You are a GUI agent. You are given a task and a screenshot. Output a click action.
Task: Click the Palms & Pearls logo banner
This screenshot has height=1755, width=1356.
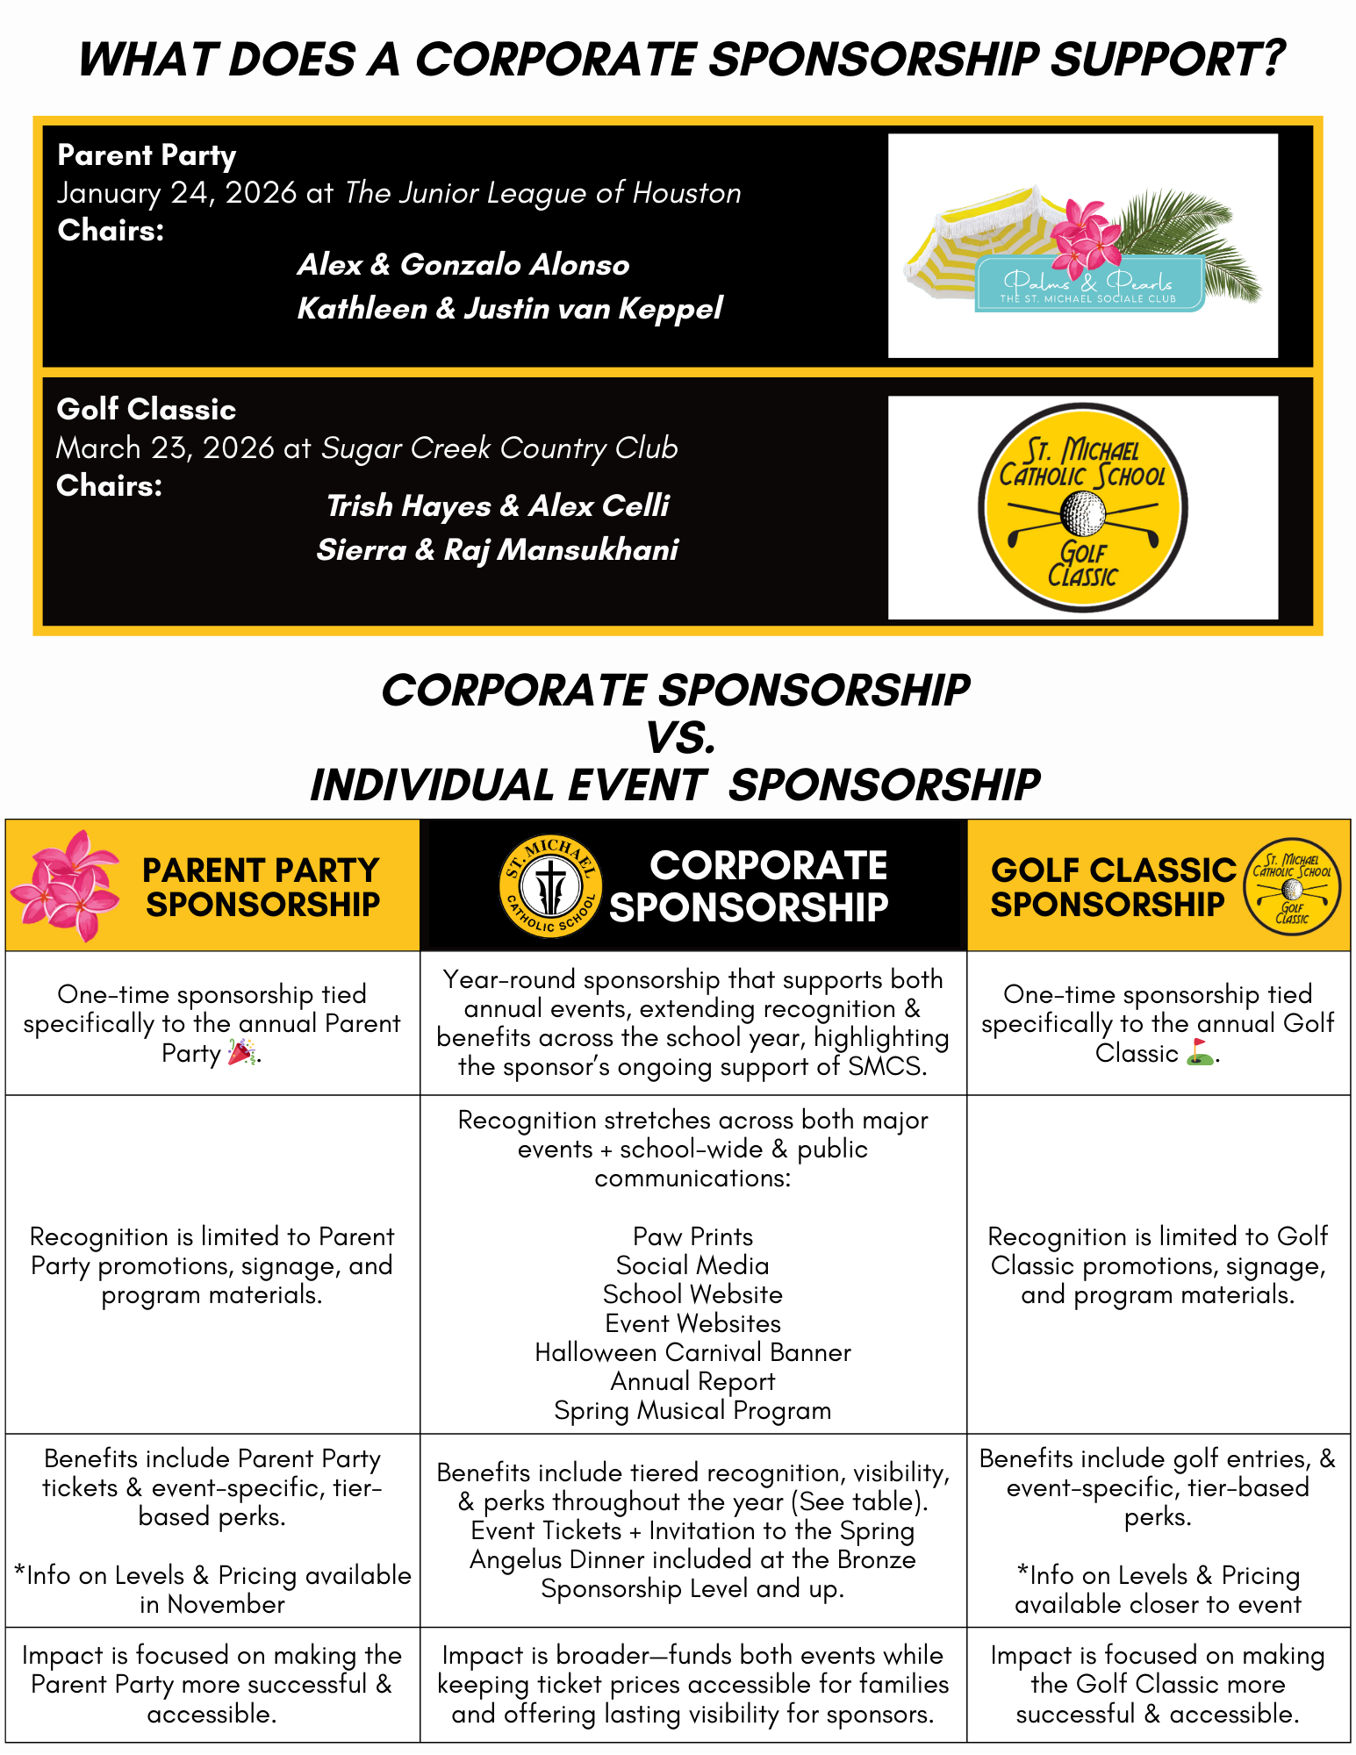point(1088,284)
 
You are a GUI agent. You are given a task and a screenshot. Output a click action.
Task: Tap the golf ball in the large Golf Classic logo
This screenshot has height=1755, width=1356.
point(1082,512)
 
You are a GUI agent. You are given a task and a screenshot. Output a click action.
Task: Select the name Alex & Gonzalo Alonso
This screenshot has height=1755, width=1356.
point(463,265)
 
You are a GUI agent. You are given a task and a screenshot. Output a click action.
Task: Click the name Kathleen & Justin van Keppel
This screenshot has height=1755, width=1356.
point(510,309)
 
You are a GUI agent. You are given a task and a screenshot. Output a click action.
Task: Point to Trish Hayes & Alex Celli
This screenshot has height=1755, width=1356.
point(498,506)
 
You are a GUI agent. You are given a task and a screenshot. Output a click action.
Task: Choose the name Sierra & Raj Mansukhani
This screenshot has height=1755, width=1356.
point(498,550)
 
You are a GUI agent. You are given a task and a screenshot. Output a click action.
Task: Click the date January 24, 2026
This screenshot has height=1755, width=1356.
point(176,193)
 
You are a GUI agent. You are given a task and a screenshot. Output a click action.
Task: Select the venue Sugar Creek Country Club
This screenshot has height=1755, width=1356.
point(499,448)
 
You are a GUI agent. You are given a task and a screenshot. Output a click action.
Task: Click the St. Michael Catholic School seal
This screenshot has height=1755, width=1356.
point(550,885)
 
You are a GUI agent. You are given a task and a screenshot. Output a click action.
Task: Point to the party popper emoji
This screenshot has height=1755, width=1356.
point(241,1052)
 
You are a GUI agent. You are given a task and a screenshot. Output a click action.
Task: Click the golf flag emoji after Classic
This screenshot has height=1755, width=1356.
point(1200,1052)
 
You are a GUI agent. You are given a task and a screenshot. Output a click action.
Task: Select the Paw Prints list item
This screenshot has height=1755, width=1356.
point(692,1236)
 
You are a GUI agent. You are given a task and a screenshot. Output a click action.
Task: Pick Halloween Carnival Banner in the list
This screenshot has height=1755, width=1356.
point(692,1352)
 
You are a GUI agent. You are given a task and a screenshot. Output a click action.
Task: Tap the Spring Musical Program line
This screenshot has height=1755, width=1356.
point(692,1410)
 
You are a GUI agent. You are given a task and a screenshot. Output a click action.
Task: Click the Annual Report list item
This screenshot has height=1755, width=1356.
point(692,1381)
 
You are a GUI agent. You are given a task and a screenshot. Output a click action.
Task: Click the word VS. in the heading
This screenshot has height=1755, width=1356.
point(680,737)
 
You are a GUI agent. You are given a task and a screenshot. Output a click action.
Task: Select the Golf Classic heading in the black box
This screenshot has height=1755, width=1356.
point(147,410)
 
